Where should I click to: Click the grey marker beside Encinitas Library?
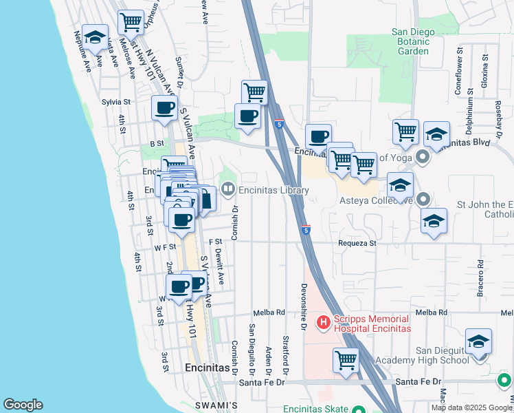[x=227, y=187]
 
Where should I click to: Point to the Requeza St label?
[x=357, y=243]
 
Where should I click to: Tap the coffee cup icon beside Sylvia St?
[x=165, y=108]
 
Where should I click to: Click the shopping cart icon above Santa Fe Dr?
[x=346, y=360]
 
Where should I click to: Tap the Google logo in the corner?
[x=23, y=405]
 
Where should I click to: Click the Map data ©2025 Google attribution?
[x=471, y=407]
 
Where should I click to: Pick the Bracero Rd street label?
[x=480, y=279]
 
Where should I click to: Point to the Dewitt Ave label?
[x=221, y=268]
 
